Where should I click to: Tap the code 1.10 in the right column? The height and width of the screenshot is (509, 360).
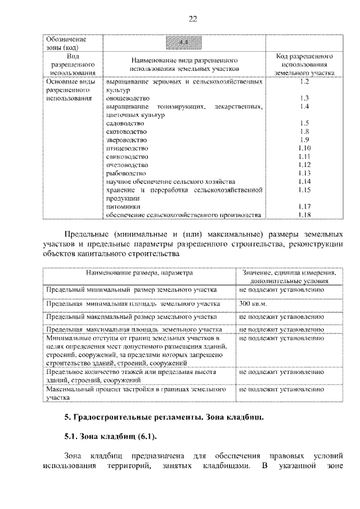pyautogui.click(x=305, y=148)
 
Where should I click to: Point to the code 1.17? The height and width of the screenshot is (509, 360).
pyautogui.click(x=305, y=206)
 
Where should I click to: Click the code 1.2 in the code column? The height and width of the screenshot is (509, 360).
pyautogui.click(x=305, y=82)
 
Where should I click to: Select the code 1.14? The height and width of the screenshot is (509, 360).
pyautogui.click(x=305, y=182)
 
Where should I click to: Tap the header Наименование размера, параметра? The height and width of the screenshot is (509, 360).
pyautogui.click(x=139, y=272)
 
